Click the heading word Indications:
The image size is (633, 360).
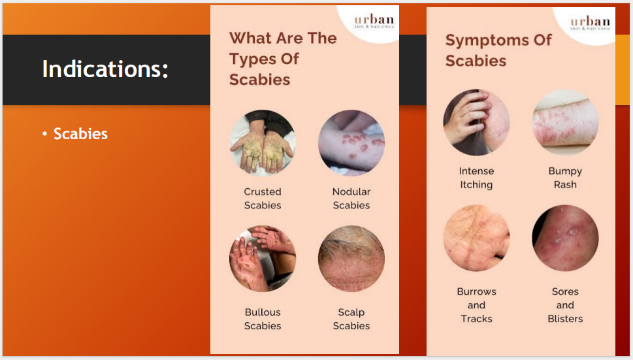point(105,69)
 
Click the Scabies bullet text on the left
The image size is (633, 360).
point(80,134)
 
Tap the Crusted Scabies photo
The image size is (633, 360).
point(263,143)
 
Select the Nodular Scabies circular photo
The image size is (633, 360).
point(351,143)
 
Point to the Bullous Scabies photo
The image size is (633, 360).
point(263,259)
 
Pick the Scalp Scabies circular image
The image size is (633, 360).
point(351,259)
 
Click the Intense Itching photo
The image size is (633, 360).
point(476,123)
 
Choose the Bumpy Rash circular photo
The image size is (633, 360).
point(565,123)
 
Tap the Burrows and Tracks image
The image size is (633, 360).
point(476,238)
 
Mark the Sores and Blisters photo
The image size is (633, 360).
point(565,238)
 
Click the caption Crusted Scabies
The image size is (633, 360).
point(263,199)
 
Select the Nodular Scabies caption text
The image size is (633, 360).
point(351,199)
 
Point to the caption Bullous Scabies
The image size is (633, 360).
point(263,319)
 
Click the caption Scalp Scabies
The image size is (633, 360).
point(351,319)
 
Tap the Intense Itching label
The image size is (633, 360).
point(476,178)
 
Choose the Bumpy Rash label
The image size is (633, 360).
point(565,178)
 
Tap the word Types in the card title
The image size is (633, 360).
point(255,59)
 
